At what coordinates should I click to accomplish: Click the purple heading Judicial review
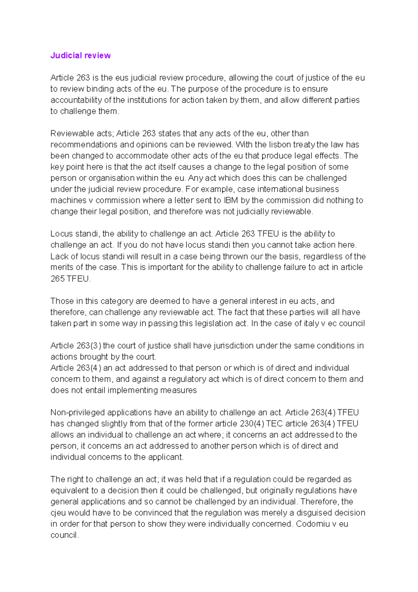[80, 55]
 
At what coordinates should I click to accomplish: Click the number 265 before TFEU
[57, 279]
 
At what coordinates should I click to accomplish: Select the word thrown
[227, 257]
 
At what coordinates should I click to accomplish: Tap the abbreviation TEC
[274, 424]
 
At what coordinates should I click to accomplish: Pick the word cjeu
[58, 513]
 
